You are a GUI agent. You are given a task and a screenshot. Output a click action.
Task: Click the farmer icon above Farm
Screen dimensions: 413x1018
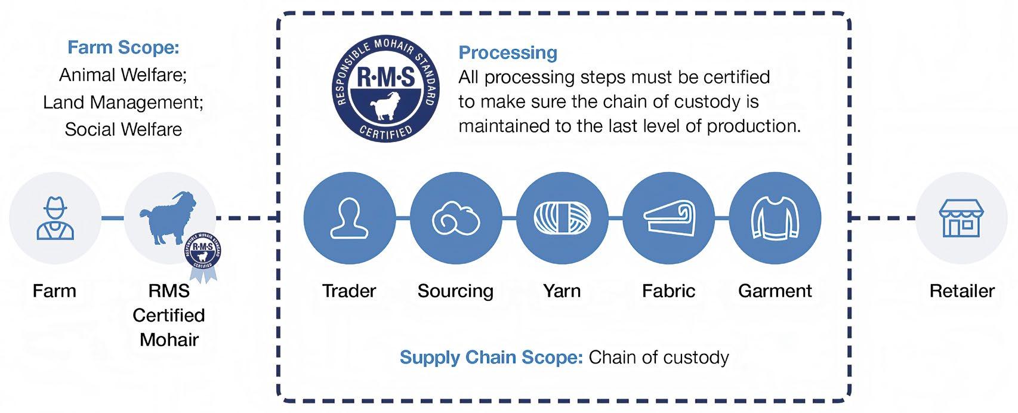(55, 218)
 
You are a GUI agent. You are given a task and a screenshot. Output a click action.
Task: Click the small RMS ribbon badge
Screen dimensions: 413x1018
(203, 257)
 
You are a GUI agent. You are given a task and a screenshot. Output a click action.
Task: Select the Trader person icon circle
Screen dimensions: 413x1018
(349, 218)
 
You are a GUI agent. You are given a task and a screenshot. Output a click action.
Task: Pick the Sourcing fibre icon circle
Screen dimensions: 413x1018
(456, 218)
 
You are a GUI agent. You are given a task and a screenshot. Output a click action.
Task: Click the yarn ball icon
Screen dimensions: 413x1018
(562, 218)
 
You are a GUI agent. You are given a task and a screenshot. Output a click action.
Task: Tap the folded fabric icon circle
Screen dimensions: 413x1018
(668, 218)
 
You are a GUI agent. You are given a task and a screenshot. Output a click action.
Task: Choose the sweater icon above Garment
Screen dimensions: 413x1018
(775, 218)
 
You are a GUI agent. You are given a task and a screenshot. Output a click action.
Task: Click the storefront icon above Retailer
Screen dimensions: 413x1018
(961, 218)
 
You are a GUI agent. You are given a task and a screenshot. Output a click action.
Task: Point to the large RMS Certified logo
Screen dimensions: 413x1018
(385, 89)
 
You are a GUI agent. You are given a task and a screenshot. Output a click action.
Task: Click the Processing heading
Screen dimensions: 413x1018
(508, 53)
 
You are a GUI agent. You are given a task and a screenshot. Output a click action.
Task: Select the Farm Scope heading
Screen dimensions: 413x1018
(123, 47)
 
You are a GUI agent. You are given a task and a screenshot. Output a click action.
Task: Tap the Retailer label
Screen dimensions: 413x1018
(962, 291)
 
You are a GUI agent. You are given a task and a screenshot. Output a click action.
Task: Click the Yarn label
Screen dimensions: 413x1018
(562, 291)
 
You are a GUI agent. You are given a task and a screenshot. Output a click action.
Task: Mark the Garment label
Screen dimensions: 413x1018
(775, 291)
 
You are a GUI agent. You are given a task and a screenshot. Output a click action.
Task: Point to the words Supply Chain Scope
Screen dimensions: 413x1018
(491, 357)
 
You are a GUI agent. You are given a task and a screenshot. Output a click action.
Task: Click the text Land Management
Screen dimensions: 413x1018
(123, 102)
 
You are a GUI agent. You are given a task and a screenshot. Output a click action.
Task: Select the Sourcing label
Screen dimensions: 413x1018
(455, 291)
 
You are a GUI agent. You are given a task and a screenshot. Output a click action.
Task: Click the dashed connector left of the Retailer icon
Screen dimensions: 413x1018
(882, 218)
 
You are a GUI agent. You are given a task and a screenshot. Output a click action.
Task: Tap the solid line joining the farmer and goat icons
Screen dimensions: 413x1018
(112, 218)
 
